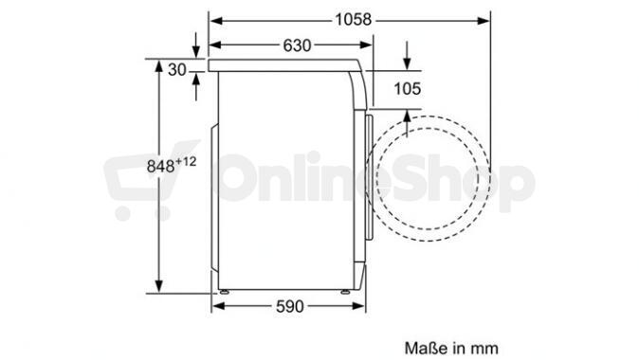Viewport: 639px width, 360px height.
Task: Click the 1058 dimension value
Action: [354, 20]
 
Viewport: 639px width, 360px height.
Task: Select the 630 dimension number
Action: [297, 45]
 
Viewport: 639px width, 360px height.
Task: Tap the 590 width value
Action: [290, 306]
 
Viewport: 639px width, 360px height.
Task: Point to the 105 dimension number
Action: [407, 89]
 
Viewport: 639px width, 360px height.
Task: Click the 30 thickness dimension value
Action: [177, 70]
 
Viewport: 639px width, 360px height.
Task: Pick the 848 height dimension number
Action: [160, 166]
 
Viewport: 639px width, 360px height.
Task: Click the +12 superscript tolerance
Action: [186, 162]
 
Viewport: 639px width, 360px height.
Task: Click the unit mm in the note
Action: [485, 349]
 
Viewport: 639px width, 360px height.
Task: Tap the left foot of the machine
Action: [224, 292]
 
